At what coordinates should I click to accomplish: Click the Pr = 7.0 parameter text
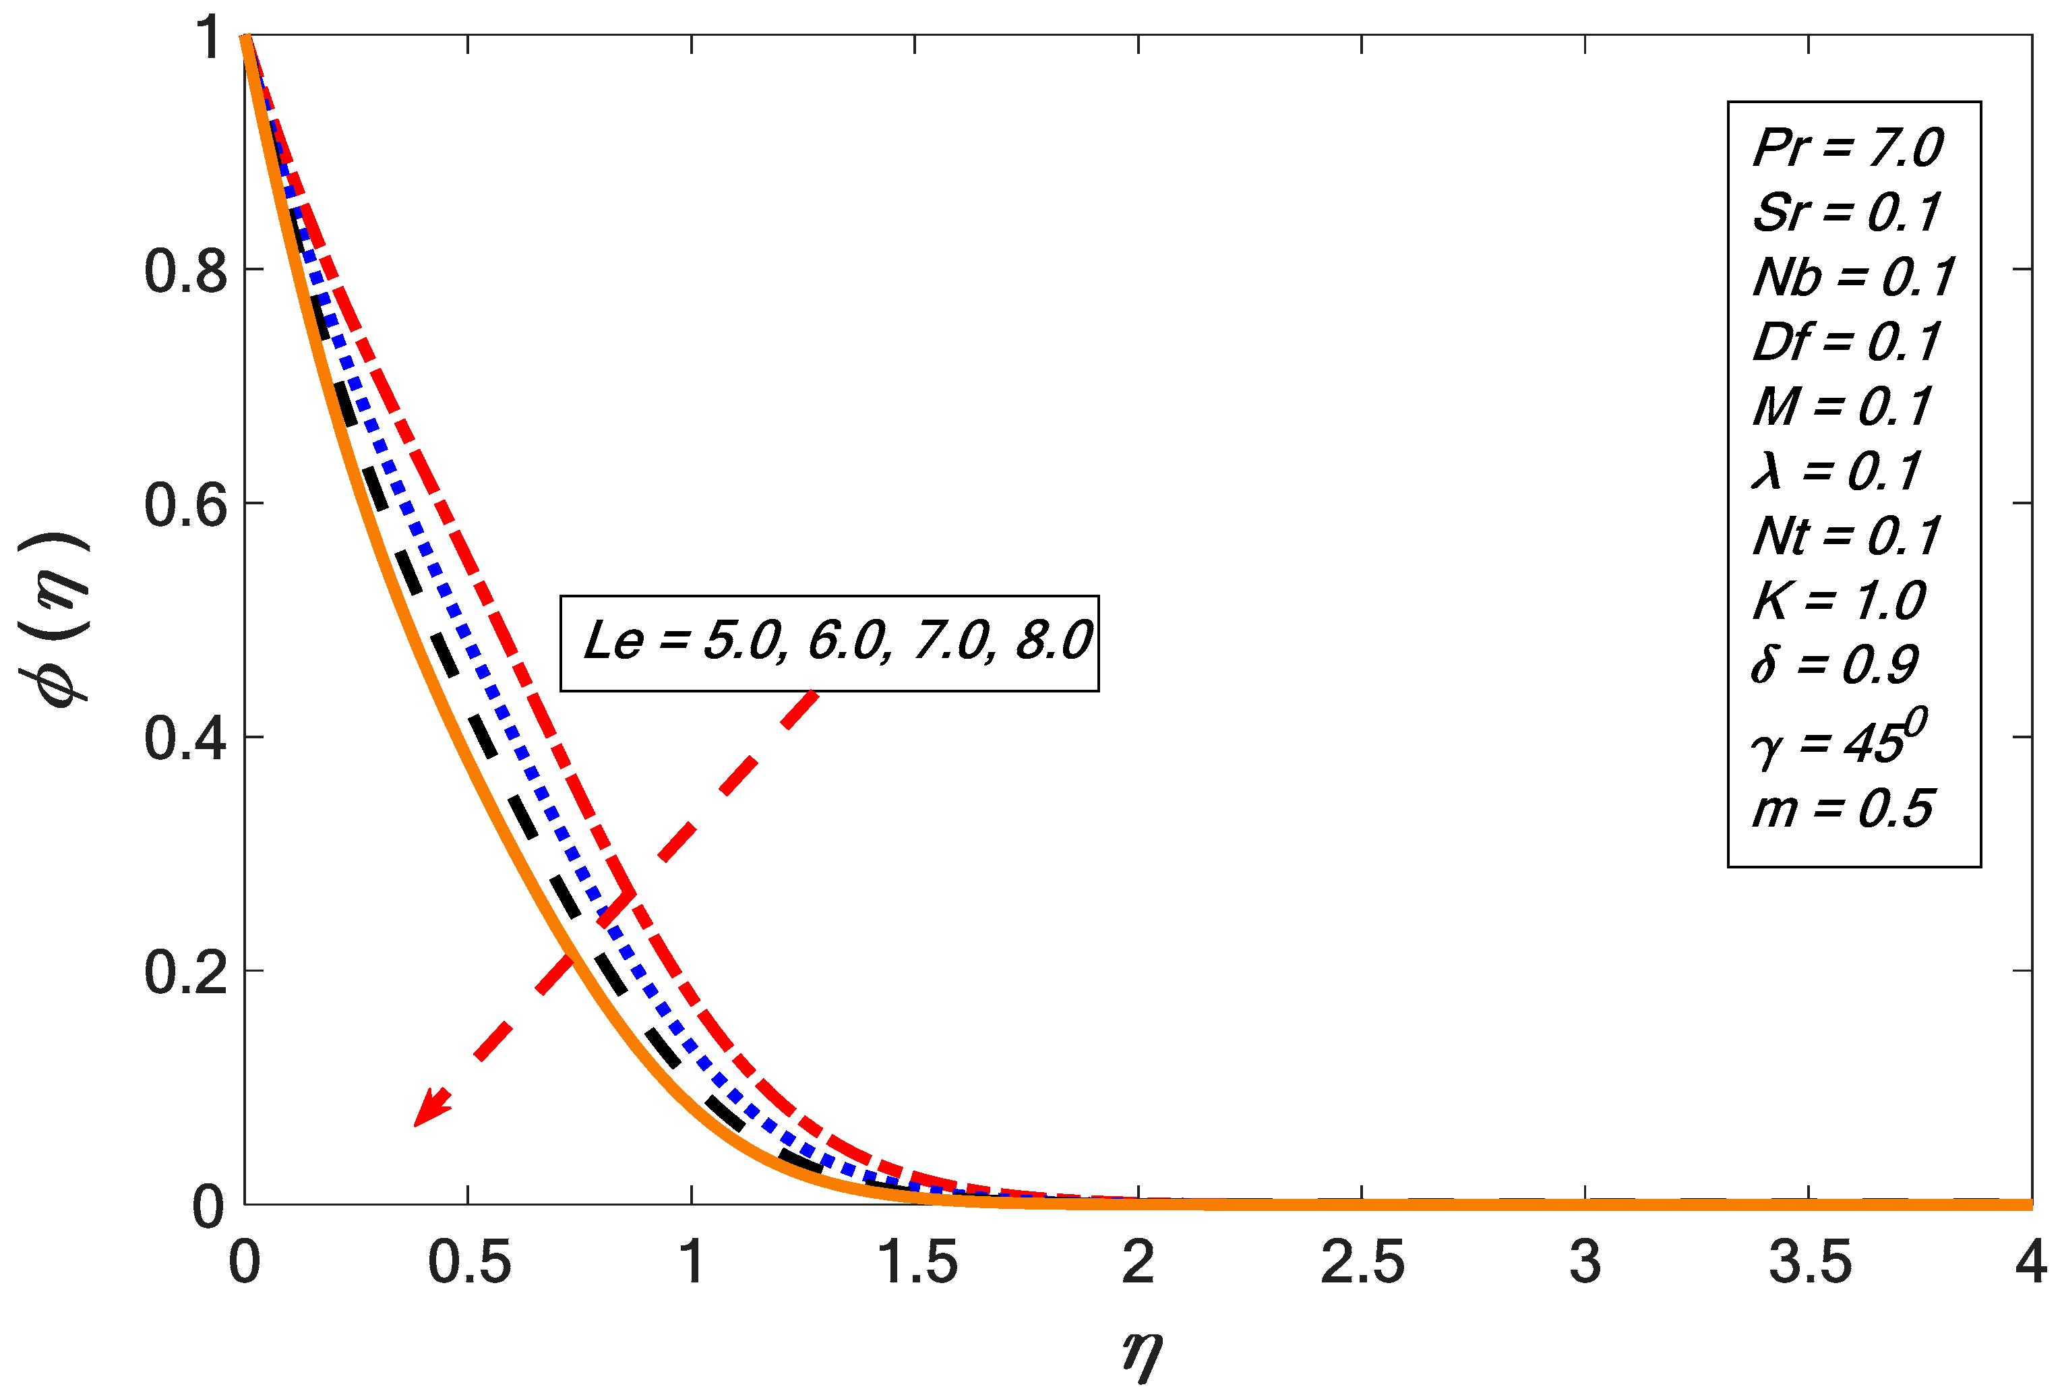click(x=1847, y=147)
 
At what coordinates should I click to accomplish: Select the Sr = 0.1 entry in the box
click(x=1846, y=213)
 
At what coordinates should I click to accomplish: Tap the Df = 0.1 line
click(x=1846, y=343)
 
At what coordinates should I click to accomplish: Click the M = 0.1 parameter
click(x=1842, y=407)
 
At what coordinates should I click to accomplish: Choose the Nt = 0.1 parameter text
click(x=1846, y=537)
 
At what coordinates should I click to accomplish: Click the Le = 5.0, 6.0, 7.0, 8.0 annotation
click(x=837, y=641)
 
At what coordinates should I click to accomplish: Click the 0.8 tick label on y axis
click(x=185, y=270)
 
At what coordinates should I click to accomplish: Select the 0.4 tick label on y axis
click(x=185, y=738)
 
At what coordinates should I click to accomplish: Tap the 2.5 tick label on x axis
click(x=1362, y=1263)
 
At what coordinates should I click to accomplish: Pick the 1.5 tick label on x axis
click(x=917, y=1263)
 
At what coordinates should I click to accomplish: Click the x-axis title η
click(x=1141, y=1355)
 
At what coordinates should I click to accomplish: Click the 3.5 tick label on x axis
click(x=1810, y=1263)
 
